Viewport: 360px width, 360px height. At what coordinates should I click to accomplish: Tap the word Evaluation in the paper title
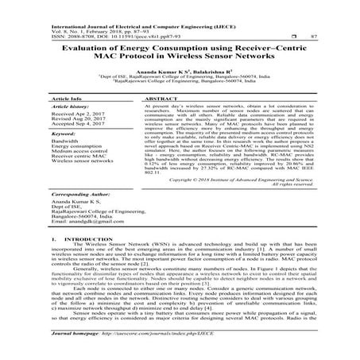click(x=87, y=49)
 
